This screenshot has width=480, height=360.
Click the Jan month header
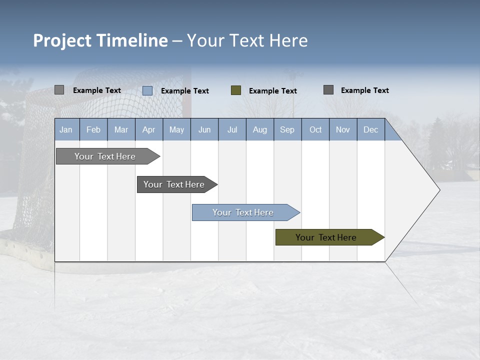coord(66,129)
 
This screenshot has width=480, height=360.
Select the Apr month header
coord(149,129)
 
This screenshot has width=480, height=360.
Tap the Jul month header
coord(232,129)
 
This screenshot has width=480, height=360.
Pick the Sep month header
coord(287,129)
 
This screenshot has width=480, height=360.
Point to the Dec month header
coord(370,129)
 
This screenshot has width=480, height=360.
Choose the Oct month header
coord(315,129)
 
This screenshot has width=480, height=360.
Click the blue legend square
coord(147,90)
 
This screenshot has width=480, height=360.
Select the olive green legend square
coord(236,90)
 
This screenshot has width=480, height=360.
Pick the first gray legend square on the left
coord(59,90)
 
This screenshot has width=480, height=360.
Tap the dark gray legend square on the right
coord(328,90)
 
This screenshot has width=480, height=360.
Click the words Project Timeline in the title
coord(100,40)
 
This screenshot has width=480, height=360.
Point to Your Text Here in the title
coord(247,40)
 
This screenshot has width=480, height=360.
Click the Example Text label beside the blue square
coord(185,91)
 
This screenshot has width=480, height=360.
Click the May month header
coord(176,129)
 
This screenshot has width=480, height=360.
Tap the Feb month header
coord(93,129)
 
